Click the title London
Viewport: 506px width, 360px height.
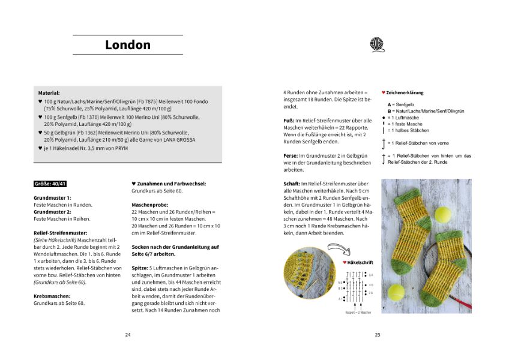click(x=127, y=45)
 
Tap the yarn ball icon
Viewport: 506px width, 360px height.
click(x=376, y=44)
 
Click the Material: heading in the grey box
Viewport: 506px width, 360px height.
click(x=49, y=94)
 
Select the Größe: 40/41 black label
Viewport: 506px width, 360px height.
click(x=51, y=183)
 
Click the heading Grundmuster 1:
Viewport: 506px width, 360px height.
click(x=52, y=197)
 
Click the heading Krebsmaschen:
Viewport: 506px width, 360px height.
click(x=52, y=296)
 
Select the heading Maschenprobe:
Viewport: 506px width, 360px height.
click(x=149, y=205)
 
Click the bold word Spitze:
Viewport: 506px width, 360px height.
click(x=140, y=268)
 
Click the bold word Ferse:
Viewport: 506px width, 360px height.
click(x=291, y=155)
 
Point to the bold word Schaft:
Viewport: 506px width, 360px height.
click(x=292, y=184)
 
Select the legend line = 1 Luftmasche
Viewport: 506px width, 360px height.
click(x=408, y=118)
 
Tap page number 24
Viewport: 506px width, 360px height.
click(x=128, y=335)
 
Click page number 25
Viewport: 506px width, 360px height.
click(x=378, y=335)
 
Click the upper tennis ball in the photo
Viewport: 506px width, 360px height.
click(x=444, y=214)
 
